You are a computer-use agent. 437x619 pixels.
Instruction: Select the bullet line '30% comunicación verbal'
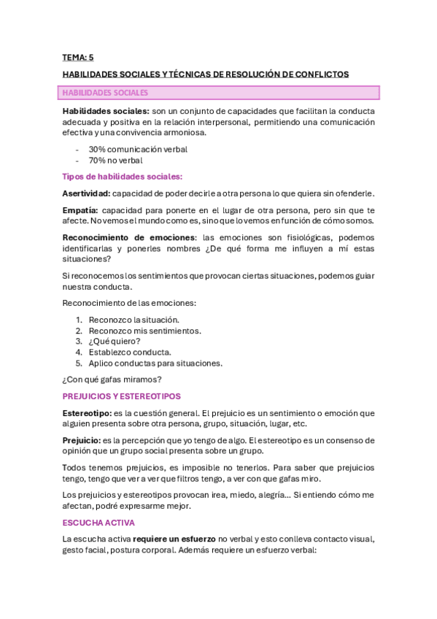pos(138,149)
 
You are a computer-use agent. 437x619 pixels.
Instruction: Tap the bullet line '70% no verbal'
pos(115,160)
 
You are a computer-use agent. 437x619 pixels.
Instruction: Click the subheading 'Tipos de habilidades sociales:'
pos(123,177)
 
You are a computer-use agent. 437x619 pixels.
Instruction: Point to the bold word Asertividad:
pos(87,193)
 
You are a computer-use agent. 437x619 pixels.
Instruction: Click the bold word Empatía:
pos(82,209)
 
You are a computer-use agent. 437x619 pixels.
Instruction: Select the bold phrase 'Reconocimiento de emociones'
pos(129,237)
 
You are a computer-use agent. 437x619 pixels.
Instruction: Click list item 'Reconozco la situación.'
pos(134,320)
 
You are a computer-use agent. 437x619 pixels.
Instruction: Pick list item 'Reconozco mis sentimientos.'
pos(144,330)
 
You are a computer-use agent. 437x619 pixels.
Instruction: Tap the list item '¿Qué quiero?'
pos(115,341)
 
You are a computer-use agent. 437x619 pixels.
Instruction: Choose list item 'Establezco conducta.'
pos(130,352)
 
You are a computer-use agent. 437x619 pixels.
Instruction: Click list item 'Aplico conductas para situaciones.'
pos(155,363)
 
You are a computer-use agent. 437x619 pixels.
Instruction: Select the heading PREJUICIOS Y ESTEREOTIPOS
pos(122,396)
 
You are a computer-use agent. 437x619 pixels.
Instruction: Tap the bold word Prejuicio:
pos(82,440)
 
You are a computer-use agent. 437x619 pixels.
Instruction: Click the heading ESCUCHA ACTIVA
pos(98,523)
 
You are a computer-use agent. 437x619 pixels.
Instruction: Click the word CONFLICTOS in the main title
pos(320,74)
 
